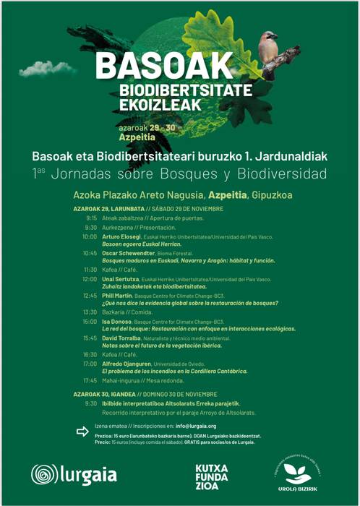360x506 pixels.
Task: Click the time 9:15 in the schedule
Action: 91,218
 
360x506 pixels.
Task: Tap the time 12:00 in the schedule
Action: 90,279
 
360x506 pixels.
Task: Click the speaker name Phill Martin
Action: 119,296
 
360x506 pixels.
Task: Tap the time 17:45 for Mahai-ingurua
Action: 90,380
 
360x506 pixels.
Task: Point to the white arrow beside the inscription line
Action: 82,432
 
